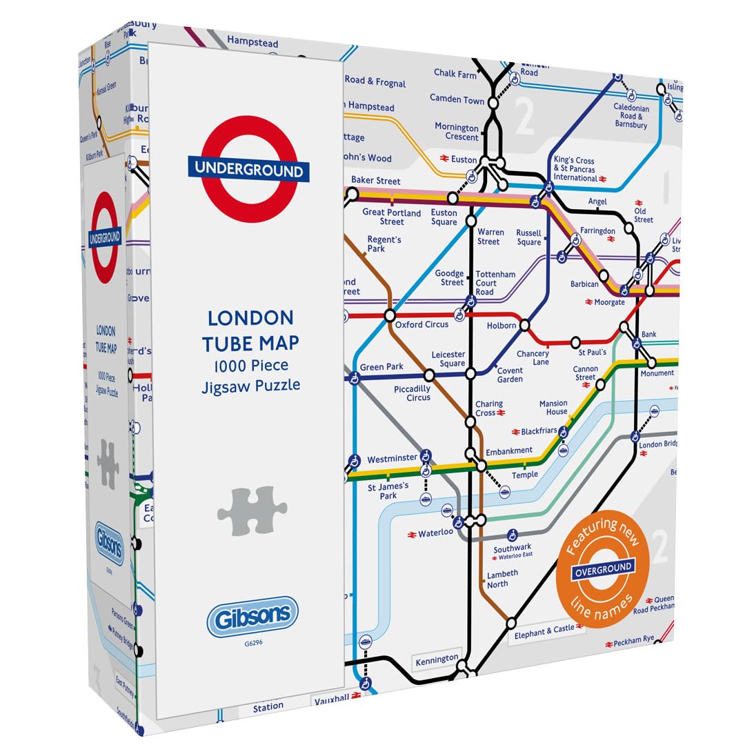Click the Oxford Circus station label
[x=421, y=324]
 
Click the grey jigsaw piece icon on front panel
[x=252, y=510]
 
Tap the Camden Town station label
[x=457, y=99]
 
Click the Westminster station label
[x=392, y=459]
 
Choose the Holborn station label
[x=502, y=326]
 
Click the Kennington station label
[x=437, y=660]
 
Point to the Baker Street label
[x=375, y=181]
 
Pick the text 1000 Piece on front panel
[x=250, y=366]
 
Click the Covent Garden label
[x=510, y=375]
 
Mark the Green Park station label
[x=381, y=367]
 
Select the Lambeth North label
[x=502, y=579]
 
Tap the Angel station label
[x=597, y=201]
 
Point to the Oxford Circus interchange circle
[x=390, y=316]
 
